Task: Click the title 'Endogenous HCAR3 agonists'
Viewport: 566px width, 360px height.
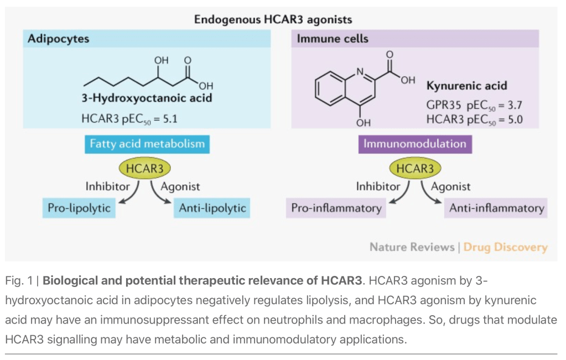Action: tap(273, 20)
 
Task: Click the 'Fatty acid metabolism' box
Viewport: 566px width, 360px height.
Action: tap(147, 144)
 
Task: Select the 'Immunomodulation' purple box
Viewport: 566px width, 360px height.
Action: tap(415, 144)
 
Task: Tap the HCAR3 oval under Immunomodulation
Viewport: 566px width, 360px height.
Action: tap(415, 168)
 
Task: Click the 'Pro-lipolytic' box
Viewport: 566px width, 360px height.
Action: tap(79, 208)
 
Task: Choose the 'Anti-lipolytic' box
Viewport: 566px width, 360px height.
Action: tap(212, 208)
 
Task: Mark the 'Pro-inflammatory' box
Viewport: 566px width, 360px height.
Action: tap(337, 208)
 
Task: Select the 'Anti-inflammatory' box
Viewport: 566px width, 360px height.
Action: tap(496, 208)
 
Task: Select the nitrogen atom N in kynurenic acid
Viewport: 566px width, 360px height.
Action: tap(360, 72)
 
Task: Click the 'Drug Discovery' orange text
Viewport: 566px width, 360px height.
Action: tap(505, 247)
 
